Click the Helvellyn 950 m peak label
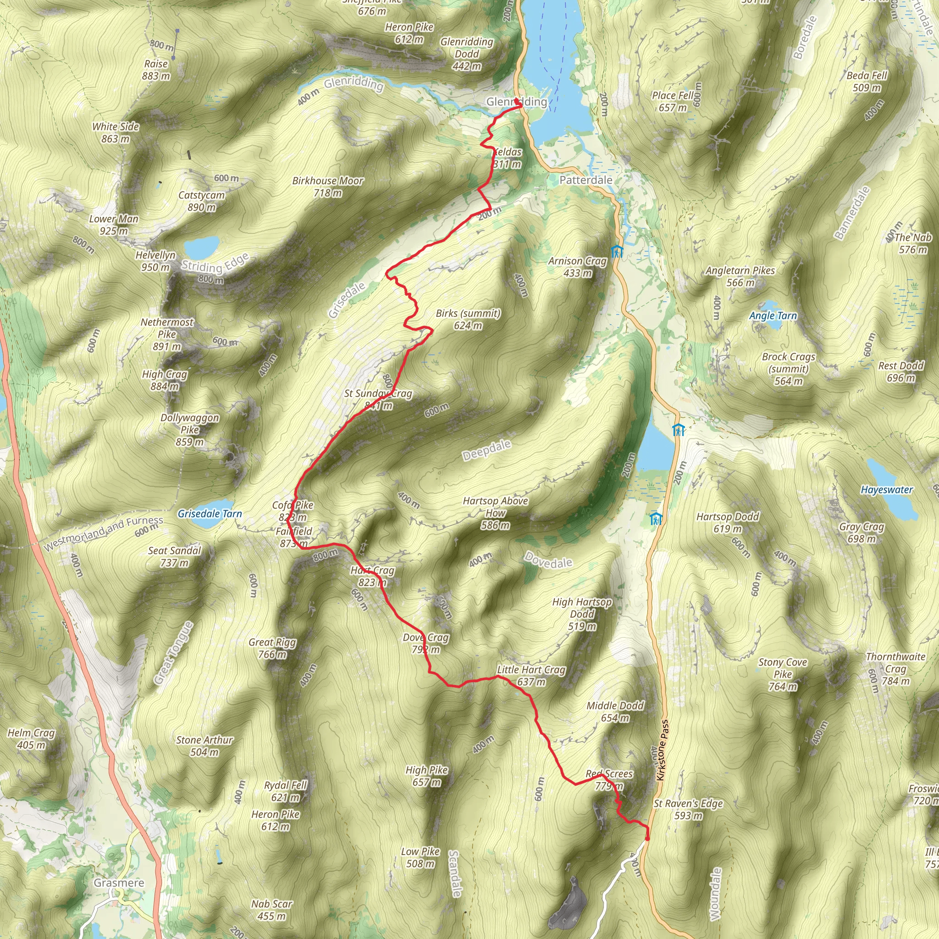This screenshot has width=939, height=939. [x=155, y=261]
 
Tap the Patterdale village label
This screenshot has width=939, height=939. [x=585, y=180]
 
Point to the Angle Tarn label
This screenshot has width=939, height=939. [x=773, y=316]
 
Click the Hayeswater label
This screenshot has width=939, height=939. [x=887, y=490]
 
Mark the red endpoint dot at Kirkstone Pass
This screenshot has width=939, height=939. [x=647, y=839]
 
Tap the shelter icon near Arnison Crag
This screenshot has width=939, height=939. [x=617, y=251]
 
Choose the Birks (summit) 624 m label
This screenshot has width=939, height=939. [x=468, y=319]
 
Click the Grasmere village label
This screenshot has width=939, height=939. [x=119, y=883]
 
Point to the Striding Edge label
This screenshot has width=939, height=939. [x=215, y=265]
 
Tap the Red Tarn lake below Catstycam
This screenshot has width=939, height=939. [x=201, y=247]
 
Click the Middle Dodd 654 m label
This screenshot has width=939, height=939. [x=615, y=712]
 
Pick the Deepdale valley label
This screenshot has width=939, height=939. [x=486, y=450]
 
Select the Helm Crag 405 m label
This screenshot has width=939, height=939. [x=32, y=739]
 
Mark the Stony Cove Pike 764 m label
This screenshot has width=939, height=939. [x=783, y=674]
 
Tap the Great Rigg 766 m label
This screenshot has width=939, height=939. [x=272, y=648]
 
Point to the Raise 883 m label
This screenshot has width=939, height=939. [x=156, y=70]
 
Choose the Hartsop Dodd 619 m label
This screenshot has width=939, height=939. [x=728, y=523]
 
